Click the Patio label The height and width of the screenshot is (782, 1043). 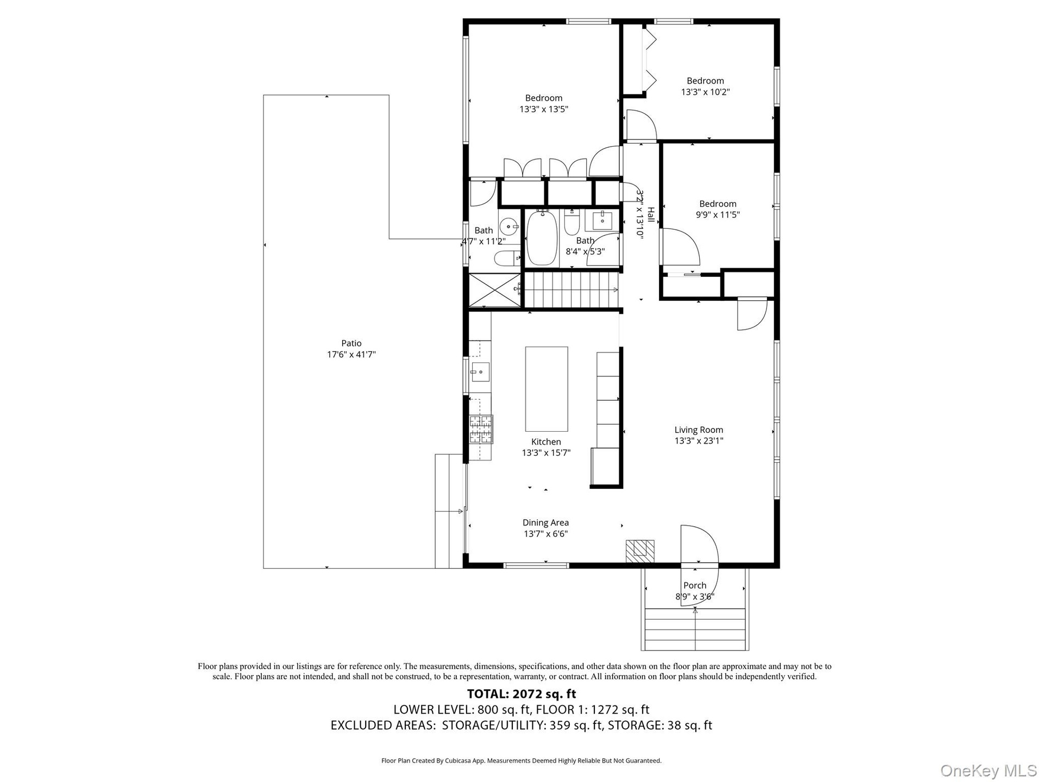(x=351, y=343)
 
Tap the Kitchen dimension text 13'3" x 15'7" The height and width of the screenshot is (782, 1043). (x=546, y=453)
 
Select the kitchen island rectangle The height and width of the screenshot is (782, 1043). (x=546, y=389)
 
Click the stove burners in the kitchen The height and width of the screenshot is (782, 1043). (x=481, y=429)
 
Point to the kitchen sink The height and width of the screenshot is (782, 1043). (x=480, y=372)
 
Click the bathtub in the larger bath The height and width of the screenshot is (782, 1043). (x=542, y=238)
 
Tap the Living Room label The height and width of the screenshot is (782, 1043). (x=699, y=430)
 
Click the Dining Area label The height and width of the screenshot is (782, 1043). (x=545, y=523)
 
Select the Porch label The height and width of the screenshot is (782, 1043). (x=695, y=585)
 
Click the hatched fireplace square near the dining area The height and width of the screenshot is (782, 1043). (x=640, y=551)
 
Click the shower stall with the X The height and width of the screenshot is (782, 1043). (x=494, y=291)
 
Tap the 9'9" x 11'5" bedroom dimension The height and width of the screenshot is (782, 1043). (x=718, y=215)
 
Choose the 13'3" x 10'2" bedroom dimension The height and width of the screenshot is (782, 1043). (x=705, y=92)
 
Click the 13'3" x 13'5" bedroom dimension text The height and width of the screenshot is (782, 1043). (x=544, y=109)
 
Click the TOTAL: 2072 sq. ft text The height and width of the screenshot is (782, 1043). (x=521, y=694)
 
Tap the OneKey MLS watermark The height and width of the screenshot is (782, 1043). (x=989, y=770)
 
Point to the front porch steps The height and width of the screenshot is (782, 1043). (x=695, y=629)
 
